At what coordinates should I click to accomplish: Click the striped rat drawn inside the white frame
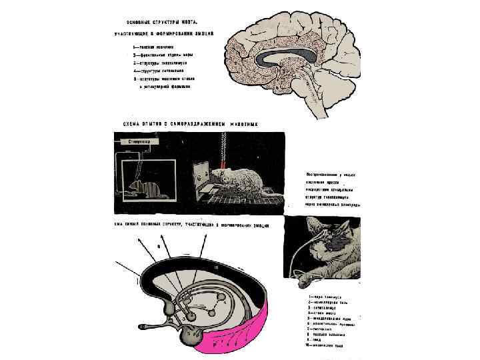[146, 190]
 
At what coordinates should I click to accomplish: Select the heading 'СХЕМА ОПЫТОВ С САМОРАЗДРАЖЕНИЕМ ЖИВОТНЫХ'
[190, 125]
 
